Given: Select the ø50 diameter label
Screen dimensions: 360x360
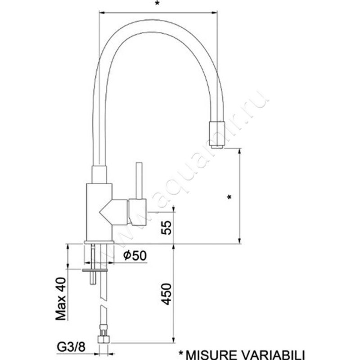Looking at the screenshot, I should coord(134,256).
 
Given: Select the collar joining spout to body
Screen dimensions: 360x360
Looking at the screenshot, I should coord(99,175).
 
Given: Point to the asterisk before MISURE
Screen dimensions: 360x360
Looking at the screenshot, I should coord(182,354).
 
